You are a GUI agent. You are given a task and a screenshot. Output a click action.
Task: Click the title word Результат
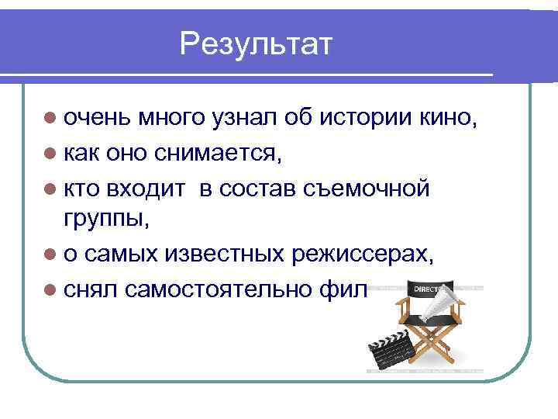pyautogui.click(x=255, y=44)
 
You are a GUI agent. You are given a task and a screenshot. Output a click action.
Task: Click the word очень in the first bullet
pyautogui.click(x=97, y=119)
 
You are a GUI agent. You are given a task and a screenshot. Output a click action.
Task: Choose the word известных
pyautogui.click(x=239, y=255)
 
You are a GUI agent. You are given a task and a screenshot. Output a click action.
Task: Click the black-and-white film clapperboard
pyautogui.click(x=388, y=353)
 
